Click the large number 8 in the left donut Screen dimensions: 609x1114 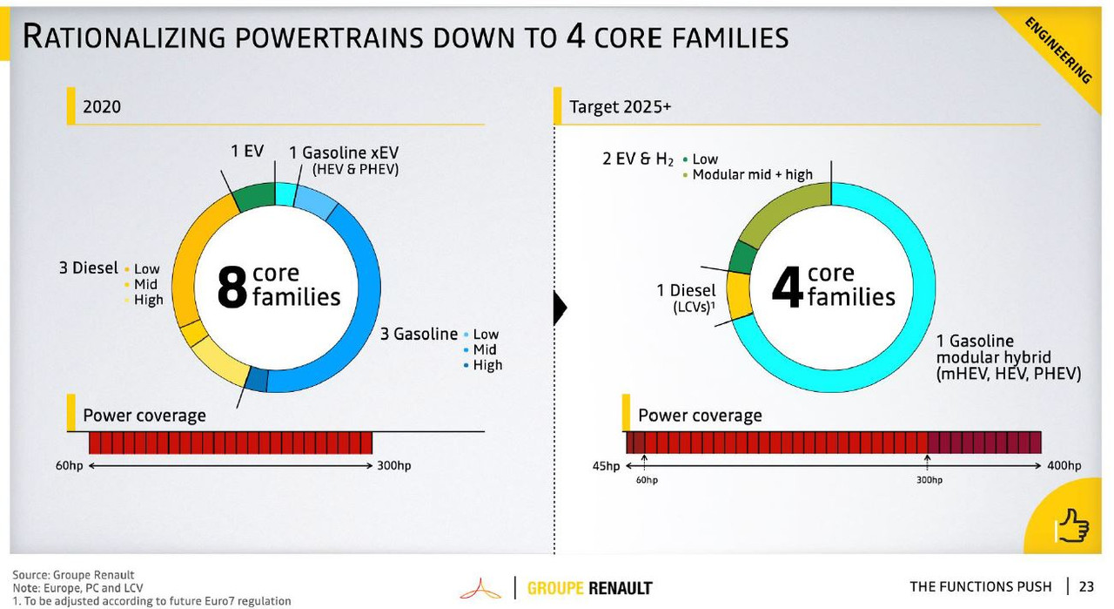point(232,288)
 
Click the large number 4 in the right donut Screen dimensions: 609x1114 point(787,288)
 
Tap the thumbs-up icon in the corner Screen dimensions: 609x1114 point(1073,524)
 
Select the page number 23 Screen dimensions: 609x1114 point(1086,586)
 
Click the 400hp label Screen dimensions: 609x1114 point(1064,466)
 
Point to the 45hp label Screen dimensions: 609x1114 point(606,466)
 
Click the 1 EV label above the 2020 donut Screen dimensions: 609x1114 point(247,152)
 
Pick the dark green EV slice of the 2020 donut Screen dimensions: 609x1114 point(253,197)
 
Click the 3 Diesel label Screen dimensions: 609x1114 point(88,268)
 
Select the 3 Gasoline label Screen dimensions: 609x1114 point(419,334)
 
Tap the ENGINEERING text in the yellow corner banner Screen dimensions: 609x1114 point(1058,50)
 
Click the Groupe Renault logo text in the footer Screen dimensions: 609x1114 point(589,588)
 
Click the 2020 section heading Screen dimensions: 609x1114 point(101,107)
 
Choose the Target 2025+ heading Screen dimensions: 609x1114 point(620,107)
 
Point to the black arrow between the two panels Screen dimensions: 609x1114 point(560,307)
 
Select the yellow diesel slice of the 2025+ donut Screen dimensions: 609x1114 point(739,294)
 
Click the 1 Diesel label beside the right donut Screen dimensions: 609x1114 point(686,291)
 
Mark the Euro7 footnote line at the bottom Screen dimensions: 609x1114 point(151,601)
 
